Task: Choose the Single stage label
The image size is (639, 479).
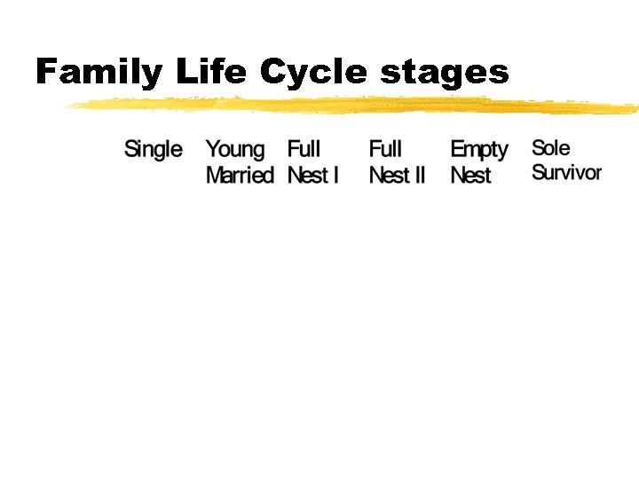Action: [x=154, y=150]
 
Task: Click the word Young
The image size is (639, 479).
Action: [x=235, y=150]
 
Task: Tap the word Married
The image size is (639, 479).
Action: [x=240, y=175]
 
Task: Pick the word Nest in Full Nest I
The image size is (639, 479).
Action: [x=308, y=175]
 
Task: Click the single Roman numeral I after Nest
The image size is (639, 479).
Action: [x=335, y=175]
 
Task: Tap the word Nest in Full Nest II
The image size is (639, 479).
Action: [x=389, y=175]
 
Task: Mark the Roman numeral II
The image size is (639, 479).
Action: [x=419, y=175]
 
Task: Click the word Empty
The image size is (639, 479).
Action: [x=479, y=150]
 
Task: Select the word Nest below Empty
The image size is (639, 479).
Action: [x=470, y=175]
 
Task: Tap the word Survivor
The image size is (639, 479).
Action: [x=566, y=172]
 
